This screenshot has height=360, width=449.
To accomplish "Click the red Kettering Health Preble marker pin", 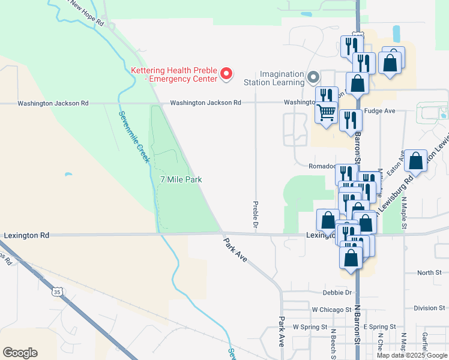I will tap(226, 74).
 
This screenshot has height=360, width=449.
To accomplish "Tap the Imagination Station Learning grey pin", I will tap(313, 77).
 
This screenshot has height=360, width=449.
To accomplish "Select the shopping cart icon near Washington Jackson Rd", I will tap(326, 112).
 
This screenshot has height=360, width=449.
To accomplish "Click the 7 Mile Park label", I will tap(181, 179).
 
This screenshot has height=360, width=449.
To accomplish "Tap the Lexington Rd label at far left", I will tap(26, 236).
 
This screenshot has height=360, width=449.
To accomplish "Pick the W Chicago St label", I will tap(332, 309).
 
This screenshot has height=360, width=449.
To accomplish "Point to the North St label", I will tap(429, 273).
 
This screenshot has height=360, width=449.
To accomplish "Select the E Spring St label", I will tap(379, 327).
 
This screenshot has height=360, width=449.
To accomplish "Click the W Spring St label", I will tap(310, 328).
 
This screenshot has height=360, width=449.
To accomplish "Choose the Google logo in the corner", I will tap(20, 353).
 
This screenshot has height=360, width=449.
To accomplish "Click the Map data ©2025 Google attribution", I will tap(411, 355).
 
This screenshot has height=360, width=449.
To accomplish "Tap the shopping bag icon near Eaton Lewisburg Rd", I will tap(415, 161).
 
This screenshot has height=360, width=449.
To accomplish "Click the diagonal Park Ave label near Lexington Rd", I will tap(235, 252).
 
